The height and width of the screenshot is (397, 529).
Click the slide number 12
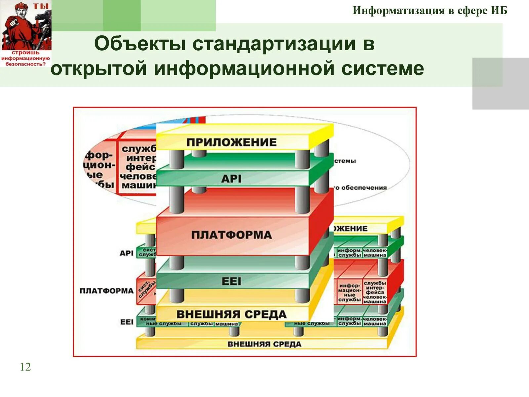[x=25, y=367]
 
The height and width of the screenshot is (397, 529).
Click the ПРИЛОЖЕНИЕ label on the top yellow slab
[x=231, y=142]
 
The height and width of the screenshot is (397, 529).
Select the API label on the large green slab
[x=231, y=179]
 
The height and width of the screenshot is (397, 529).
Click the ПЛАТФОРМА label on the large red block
[x=231, y=235]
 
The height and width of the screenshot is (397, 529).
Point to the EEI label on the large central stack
[x=231, y=282]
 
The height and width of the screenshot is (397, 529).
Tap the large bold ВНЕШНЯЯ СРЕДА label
[x=231, y=314]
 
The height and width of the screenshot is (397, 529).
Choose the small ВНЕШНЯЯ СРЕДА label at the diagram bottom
[x=264, y=344]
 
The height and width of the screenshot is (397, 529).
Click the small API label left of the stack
[x=126, y=253]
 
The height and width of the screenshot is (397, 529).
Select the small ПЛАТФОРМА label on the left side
[x=106, y=291]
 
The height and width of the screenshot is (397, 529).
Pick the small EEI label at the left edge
[x=127, y=322]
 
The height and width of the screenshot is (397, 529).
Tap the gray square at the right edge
[x=501, y=83]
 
